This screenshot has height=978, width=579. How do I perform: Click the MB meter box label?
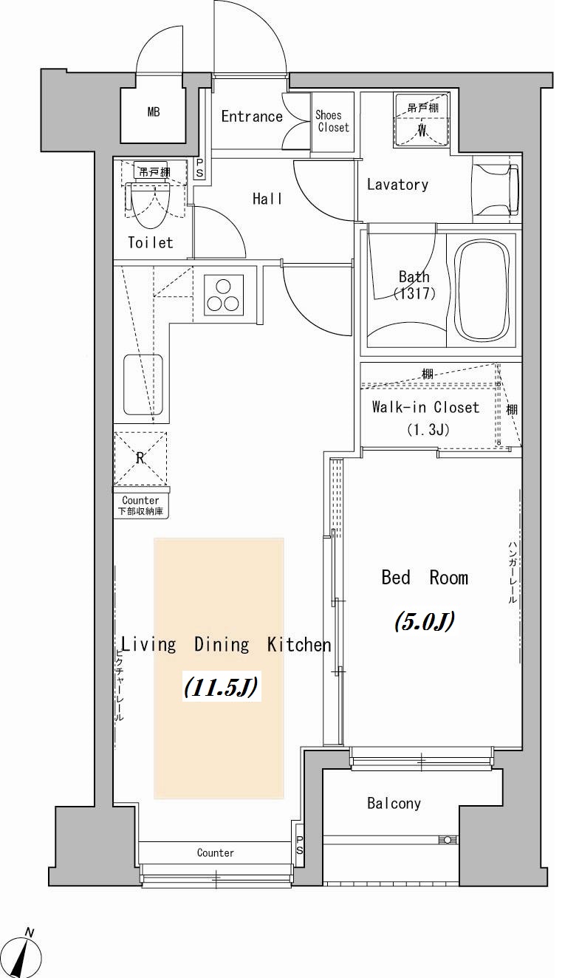click(x=154, y=112)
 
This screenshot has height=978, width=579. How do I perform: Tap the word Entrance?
click(x=252, y=117)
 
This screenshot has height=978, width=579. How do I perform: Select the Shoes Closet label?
click(x=332, y=121)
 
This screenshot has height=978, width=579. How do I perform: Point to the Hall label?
click(x=267, y=199)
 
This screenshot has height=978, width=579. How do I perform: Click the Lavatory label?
click(x=397, y=184)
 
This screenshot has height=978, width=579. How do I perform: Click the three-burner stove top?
click(x=224, y=295)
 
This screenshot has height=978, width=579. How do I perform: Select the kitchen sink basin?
click(x=143, y=385)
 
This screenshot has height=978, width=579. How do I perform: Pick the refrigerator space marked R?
click(x=140, y=459)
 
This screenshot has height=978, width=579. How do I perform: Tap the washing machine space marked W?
click(x=422, y=120)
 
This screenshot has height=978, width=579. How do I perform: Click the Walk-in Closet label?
click(x=425, y=407)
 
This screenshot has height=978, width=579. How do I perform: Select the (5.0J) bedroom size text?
click(x=425, y=620)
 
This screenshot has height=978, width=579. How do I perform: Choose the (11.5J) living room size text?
click(x=222, y=687)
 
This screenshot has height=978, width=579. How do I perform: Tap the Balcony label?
click(x=394, y=804)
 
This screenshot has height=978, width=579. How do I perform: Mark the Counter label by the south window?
click(x=215, y=852)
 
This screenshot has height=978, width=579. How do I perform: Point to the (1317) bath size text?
click(x=414, y=293)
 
